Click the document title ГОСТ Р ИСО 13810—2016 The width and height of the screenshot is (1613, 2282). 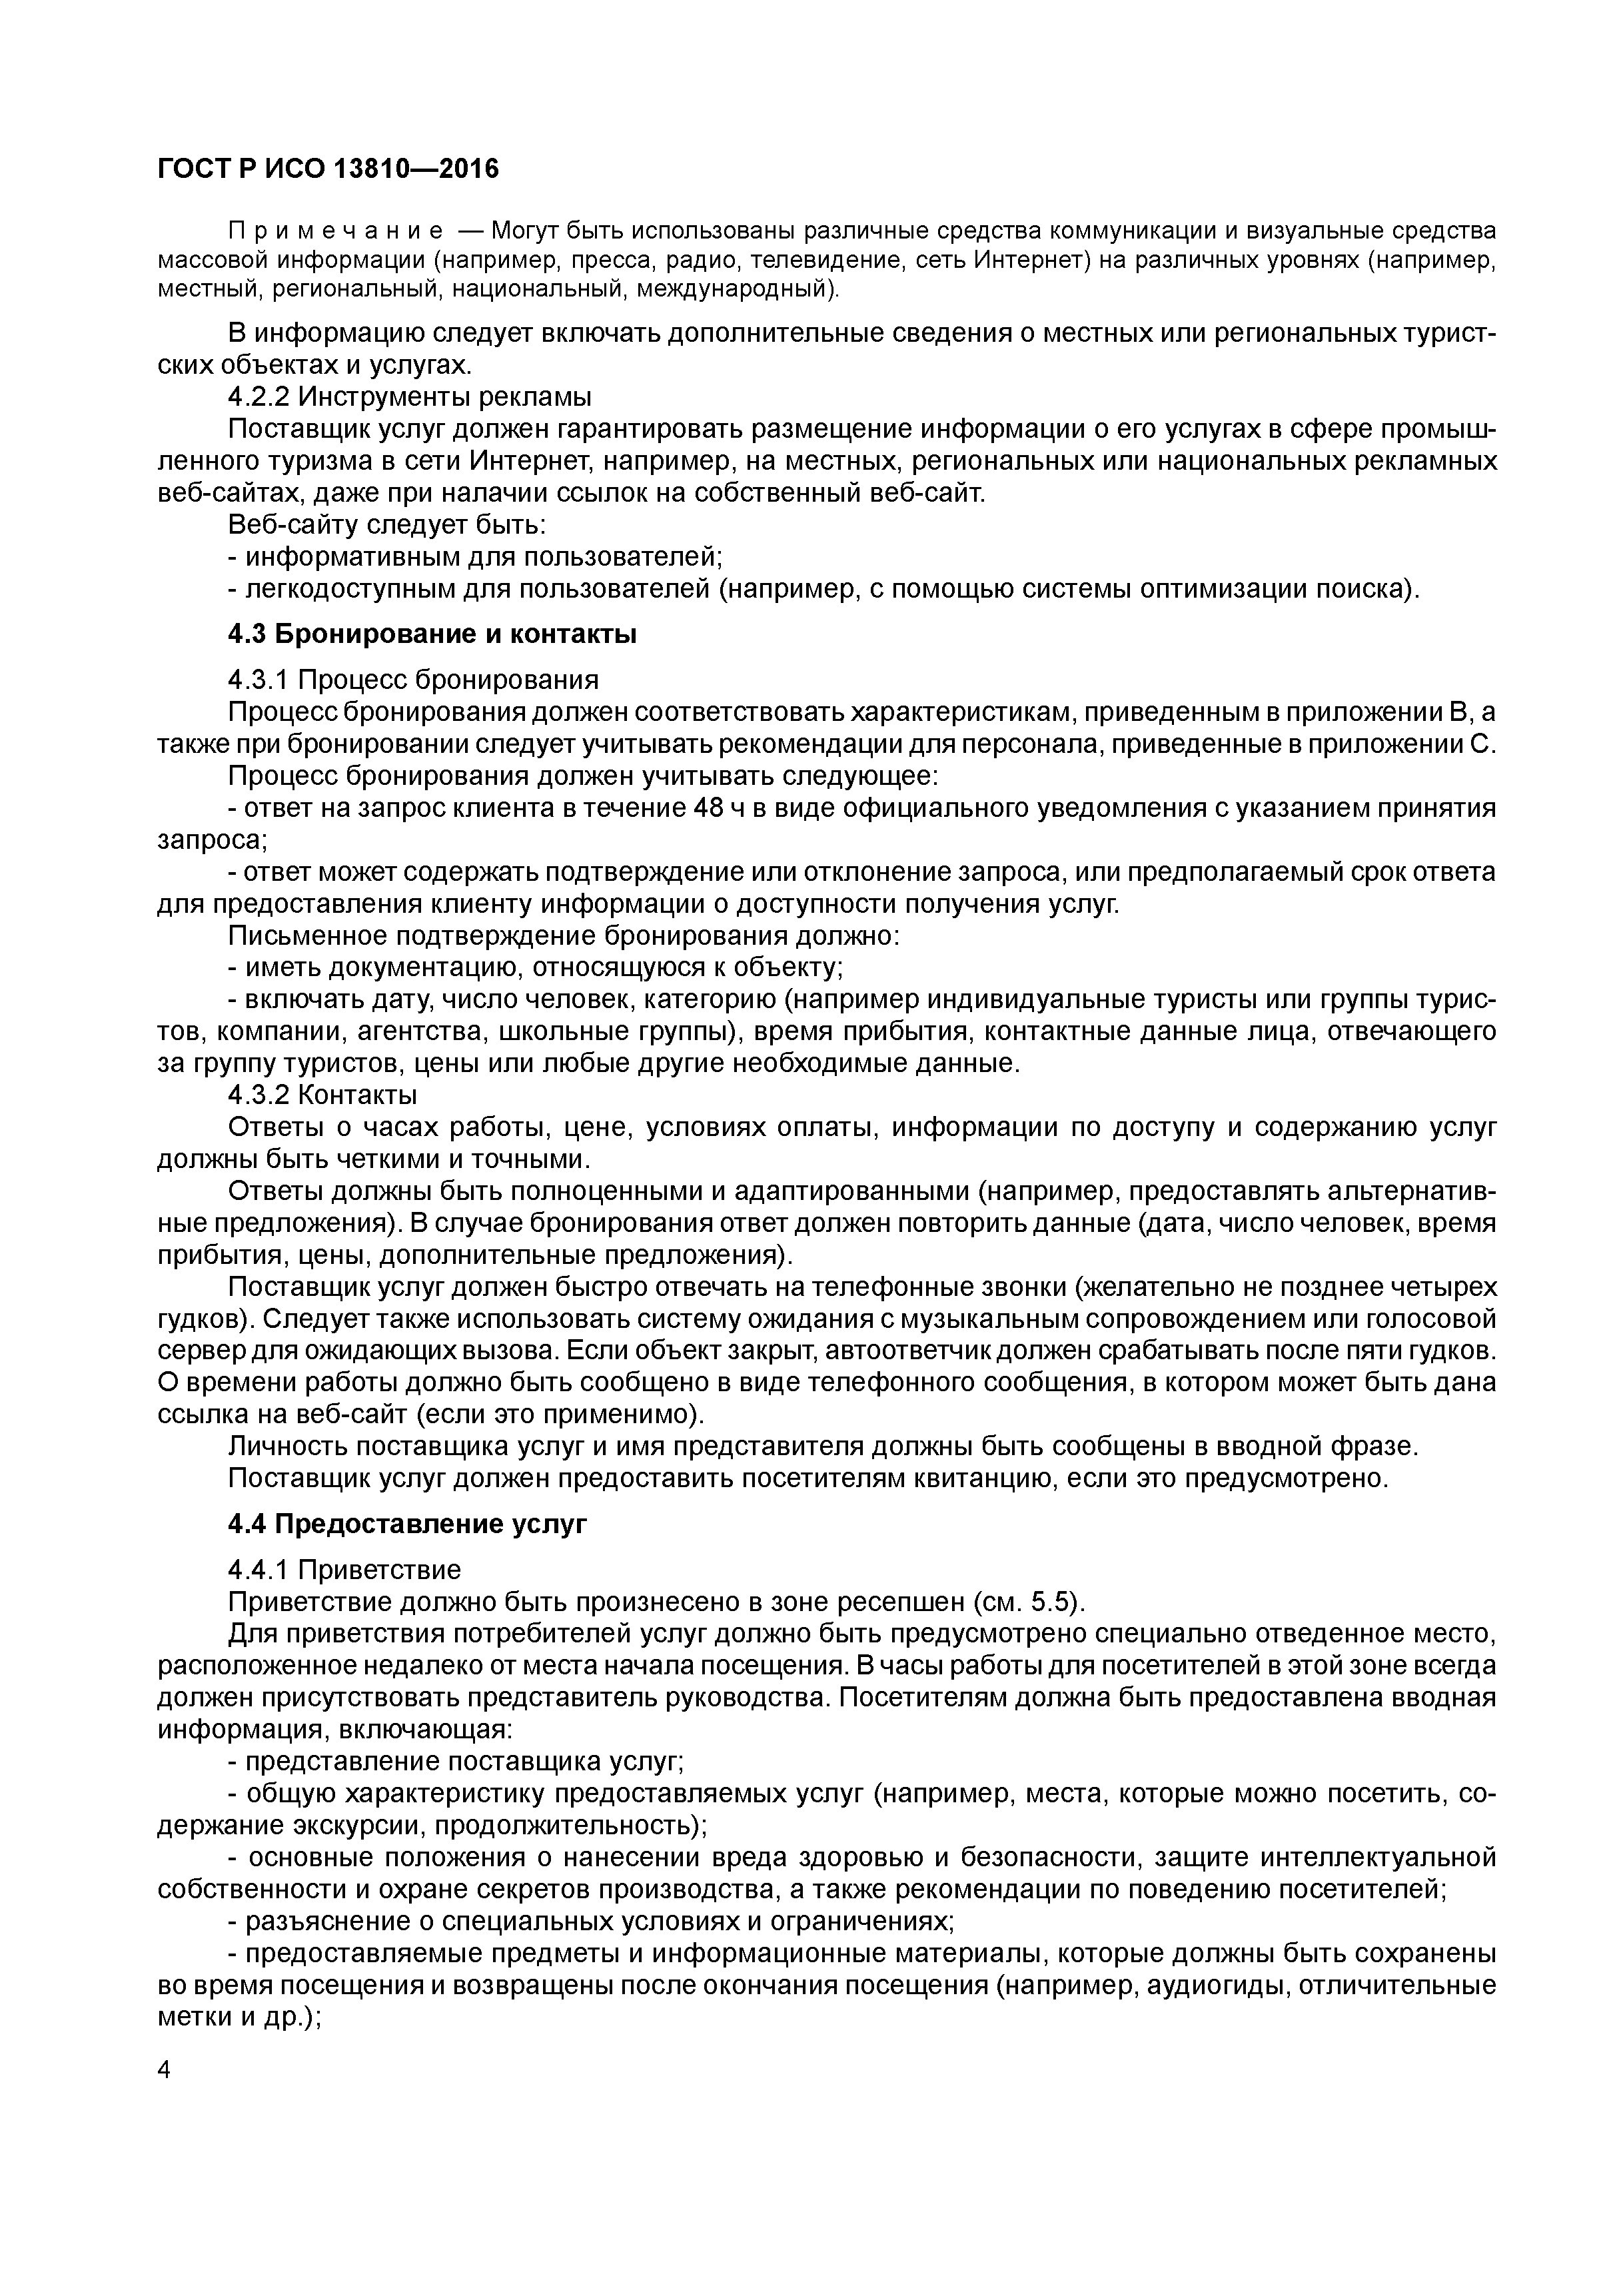click(328, 170)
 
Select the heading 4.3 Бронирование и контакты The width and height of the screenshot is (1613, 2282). click(432, 634)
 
